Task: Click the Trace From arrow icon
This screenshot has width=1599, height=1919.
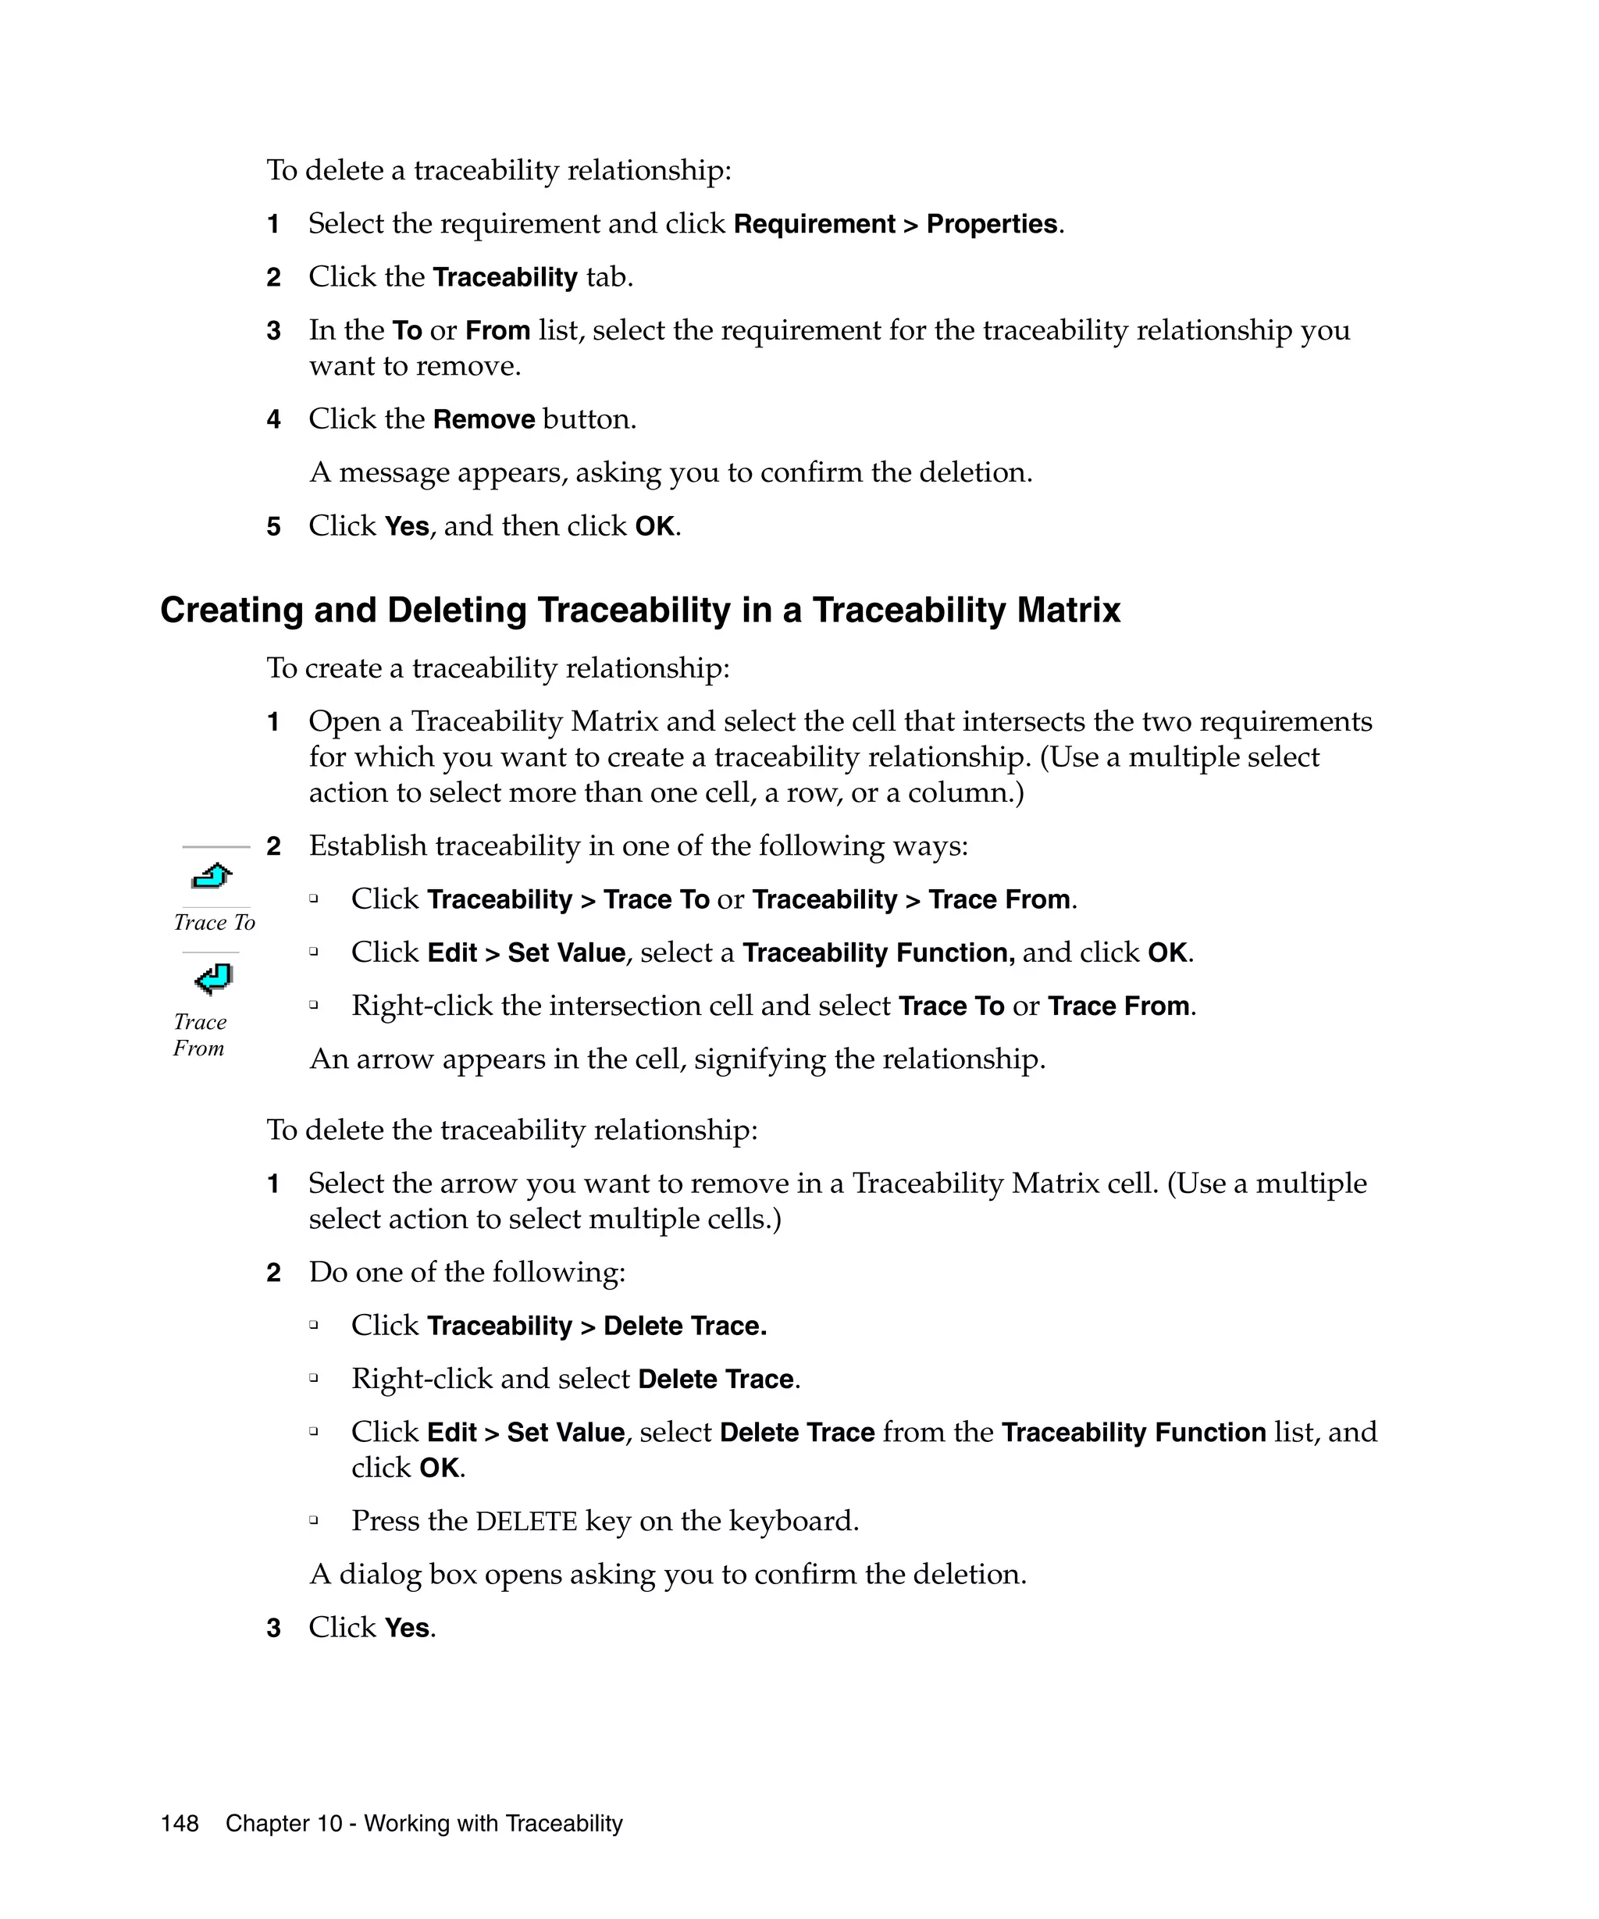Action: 214,979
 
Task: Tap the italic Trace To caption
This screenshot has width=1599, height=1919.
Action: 215,922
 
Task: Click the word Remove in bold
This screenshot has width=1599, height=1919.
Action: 483,419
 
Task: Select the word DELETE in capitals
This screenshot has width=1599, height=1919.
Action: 526,1522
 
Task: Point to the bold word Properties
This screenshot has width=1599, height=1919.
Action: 992,224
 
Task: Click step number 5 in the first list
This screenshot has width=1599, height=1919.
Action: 273,526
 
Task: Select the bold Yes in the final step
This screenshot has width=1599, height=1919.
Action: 407,1628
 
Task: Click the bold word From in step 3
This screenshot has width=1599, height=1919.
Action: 497,330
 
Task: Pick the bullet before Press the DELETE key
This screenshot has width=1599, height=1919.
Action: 313,1521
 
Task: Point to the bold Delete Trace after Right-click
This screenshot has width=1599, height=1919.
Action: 715,1379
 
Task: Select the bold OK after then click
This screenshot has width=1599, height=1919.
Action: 654,526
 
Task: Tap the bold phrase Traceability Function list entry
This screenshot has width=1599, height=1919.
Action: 1133,1432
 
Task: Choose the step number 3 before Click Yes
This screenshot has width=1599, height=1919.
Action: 273,1629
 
